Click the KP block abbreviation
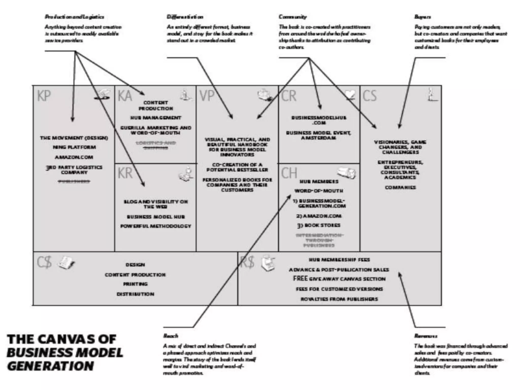tap(44, 96)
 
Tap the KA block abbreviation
tap(125, 96)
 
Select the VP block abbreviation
tap(207, 96)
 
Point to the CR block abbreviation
tap(289, 96)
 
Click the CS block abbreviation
tap(369, 96)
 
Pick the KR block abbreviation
tap(125, 173)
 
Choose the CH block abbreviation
tap(289, 173)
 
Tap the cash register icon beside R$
tap(268, 263)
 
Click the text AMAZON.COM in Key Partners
tap(74, 157)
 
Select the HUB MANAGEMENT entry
tap(156, 118)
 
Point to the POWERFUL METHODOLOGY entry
tap(156, 226)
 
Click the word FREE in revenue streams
tap(300, 279)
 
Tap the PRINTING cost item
tap(135, 284)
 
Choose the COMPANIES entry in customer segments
tap(400, 188)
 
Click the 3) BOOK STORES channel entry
tap(319, 225)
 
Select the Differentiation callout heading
tap(185, 17)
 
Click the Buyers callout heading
tap(422, 17)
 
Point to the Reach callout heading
tap(171, 336)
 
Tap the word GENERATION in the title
tap(51, 366)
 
